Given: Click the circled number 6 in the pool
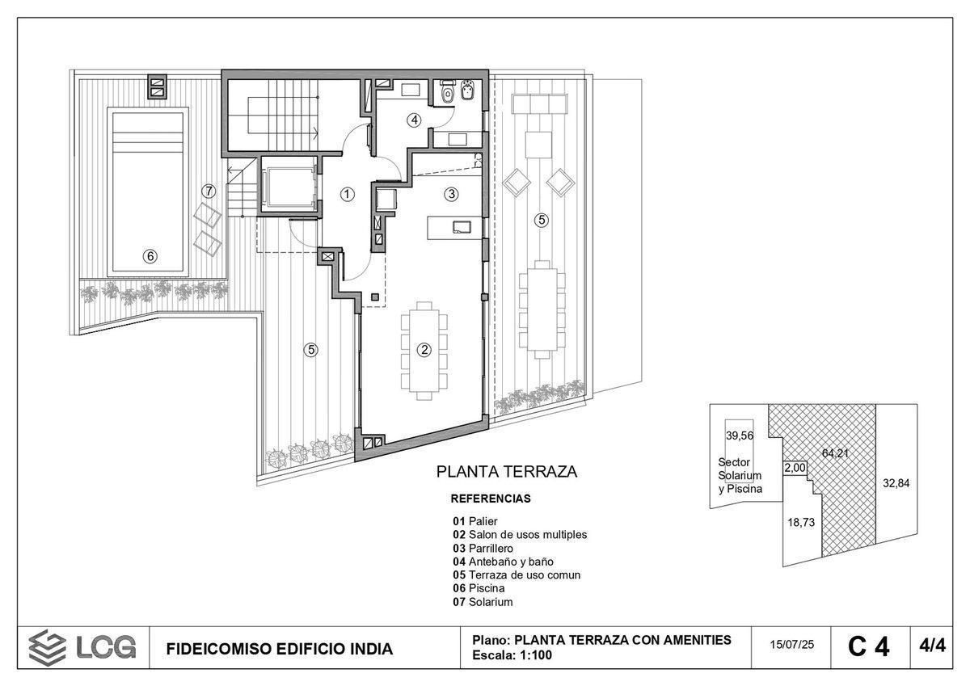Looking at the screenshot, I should coord(150,256).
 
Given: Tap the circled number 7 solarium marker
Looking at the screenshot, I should coord(209,191).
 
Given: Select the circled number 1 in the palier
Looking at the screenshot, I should coord(347,194).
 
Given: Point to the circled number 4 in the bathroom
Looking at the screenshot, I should coord(414,120).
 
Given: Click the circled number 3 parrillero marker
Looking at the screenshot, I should coord(451,194).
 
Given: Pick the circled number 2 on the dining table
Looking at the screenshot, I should coord(423,350).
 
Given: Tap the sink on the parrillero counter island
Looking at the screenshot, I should coord(462,227).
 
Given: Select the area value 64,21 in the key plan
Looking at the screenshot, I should coord(835,453).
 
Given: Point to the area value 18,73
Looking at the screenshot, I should coord(800,522).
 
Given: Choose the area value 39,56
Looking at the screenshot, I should coord(739,436).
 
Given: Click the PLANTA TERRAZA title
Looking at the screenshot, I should coord(507,472).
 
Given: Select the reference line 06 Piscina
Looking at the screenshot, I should coord(483,588).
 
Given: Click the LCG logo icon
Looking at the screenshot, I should coord(47,647).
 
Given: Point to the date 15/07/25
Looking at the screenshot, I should coord(792,646).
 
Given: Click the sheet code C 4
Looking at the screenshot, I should coord(868,647).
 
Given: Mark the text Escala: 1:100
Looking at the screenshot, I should coord(512,655).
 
